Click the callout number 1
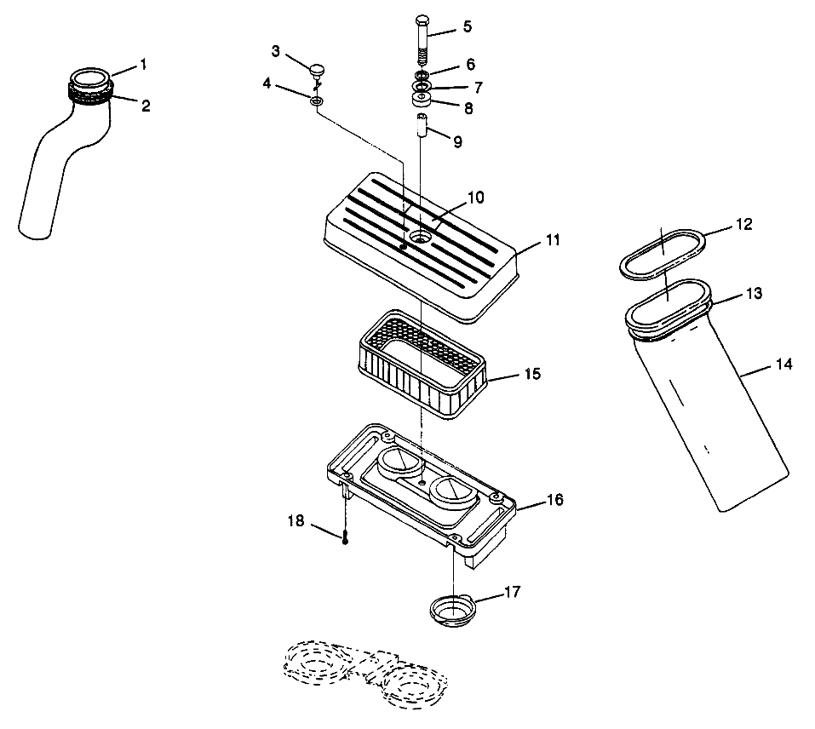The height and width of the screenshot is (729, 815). click(x=144, y=64)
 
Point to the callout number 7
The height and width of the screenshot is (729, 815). click(x=478, y=87)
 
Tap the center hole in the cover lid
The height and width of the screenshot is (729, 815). click(x=419, y=237)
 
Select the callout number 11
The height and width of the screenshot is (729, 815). click(x=554, y=241)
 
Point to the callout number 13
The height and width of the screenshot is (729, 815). click(x=754, y=294)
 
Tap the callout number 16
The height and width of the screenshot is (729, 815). click(x=554, y=500)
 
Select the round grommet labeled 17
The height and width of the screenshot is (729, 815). click(x=454, y=610)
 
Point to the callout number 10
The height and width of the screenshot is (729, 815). click(x=475, y=198)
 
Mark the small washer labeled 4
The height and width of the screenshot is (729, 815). click(x=317, y=102)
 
